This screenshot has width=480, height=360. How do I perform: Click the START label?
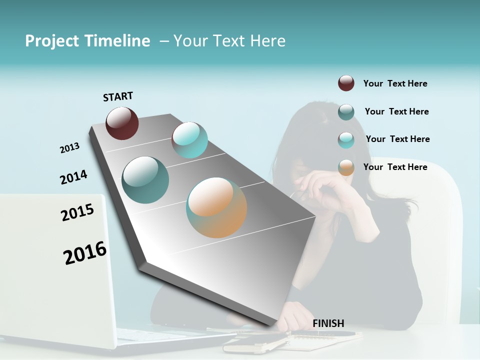118,96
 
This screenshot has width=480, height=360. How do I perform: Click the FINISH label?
328,323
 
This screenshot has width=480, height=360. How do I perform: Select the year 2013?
69,148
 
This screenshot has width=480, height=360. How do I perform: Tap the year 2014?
73,177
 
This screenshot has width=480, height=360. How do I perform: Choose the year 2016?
85,253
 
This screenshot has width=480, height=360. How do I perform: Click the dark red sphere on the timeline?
122,123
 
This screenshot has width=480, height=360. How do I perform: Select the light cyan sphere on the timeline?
189,140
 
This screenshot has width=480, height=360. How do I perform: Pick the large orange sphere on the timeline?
216,207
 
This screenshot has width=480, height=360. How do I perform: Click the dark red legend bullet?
346,83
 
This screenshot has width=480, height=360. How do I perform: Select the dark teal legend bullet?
346,112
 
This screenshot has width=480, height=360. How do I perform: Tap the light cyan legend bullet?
346,140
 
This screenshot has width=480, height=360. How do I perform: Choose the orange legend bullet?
346,167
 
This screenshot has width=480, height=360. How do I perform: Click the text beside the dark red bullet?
395,83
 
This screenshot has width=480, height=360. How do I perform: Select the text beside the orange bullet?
395,167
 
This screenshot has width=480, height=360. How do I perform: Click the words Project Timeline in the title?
87,41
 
